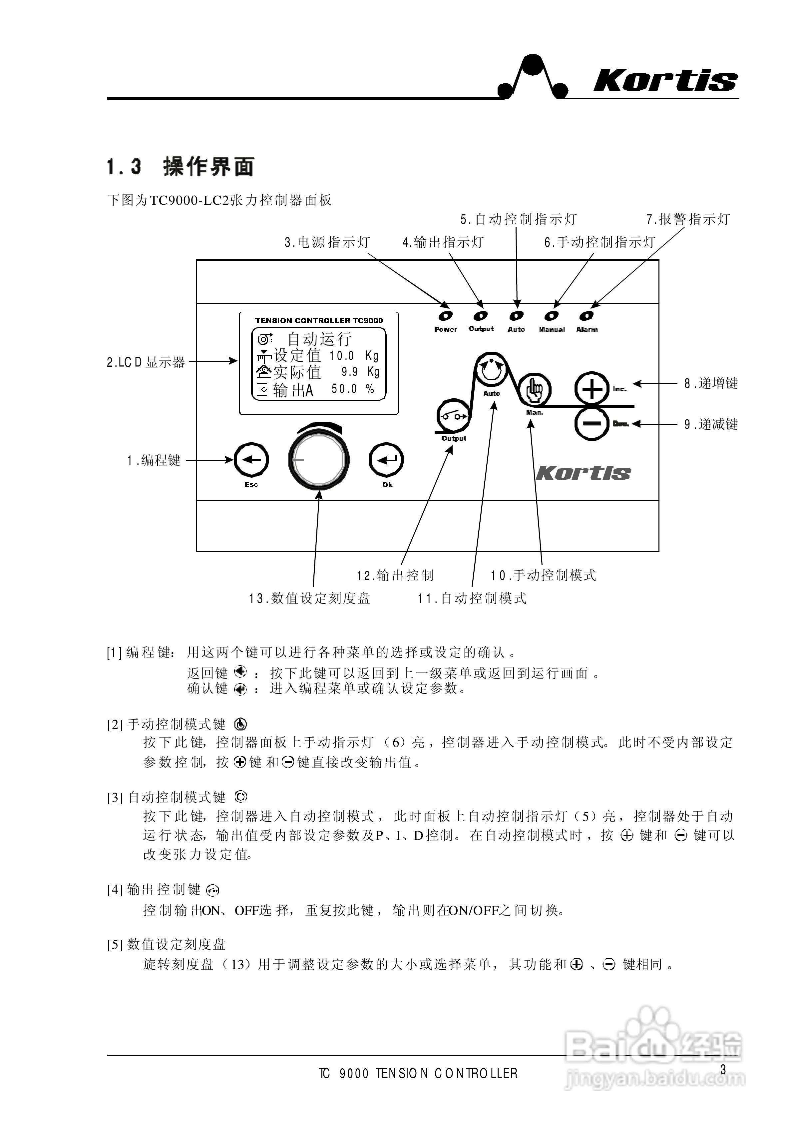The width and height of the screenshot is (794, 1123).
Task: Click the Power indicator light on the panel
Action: coord(445,316)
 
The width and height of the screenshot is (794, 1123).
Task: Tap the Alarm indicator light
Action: coord(587,316)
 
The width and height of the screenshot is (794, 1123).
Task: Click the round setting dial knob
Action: coord(319,460)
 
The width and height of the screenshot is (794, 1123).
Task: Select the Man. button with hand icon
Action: coord(535,390)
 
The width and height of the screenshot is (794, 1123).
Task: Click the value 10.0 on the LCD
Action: coord(341,356)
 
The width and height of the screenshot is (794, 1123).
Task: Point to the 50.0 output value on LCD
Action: coord(344,389)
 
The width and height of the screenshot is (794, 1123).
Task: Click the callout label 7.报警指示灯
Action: coord(688,220)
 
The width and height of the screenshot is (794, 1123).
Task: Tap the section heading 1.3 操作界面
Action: coord(181,167)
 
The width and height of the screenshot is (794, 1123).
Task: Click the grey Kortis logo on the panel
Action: coord(583,473)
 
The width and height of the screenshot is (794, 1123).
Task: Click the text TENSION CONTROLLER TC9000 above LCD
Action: coord(319,320)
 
